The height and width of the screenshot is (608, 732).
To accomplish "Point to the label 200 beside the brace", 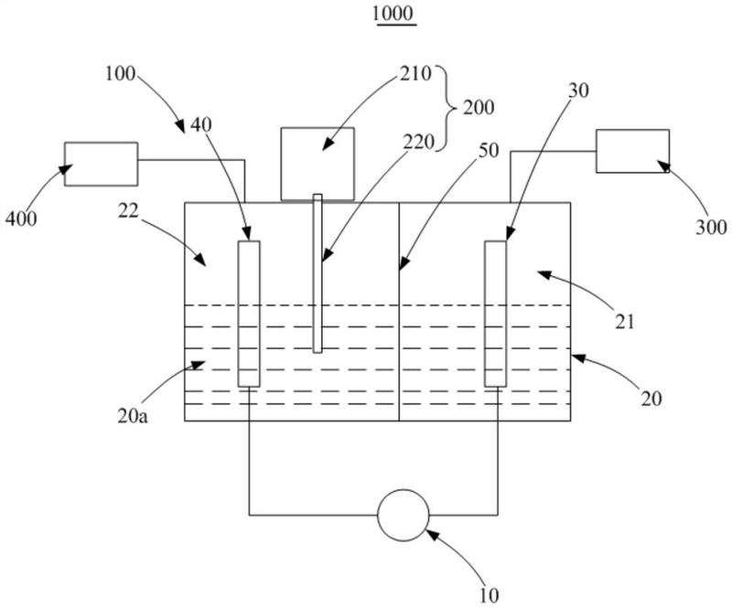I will pos(478,107).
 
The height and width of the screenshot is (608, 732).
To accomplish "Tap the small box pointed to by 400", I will pos(101,164).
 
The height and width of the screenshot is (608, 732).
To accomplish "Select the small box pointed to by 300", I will pos(632,151).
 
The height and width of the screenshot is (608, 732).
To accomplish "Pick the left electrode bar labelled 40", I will pos(249,313).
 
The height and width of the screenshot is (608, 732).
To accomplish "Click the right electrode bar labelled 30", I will pos(495,313).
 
